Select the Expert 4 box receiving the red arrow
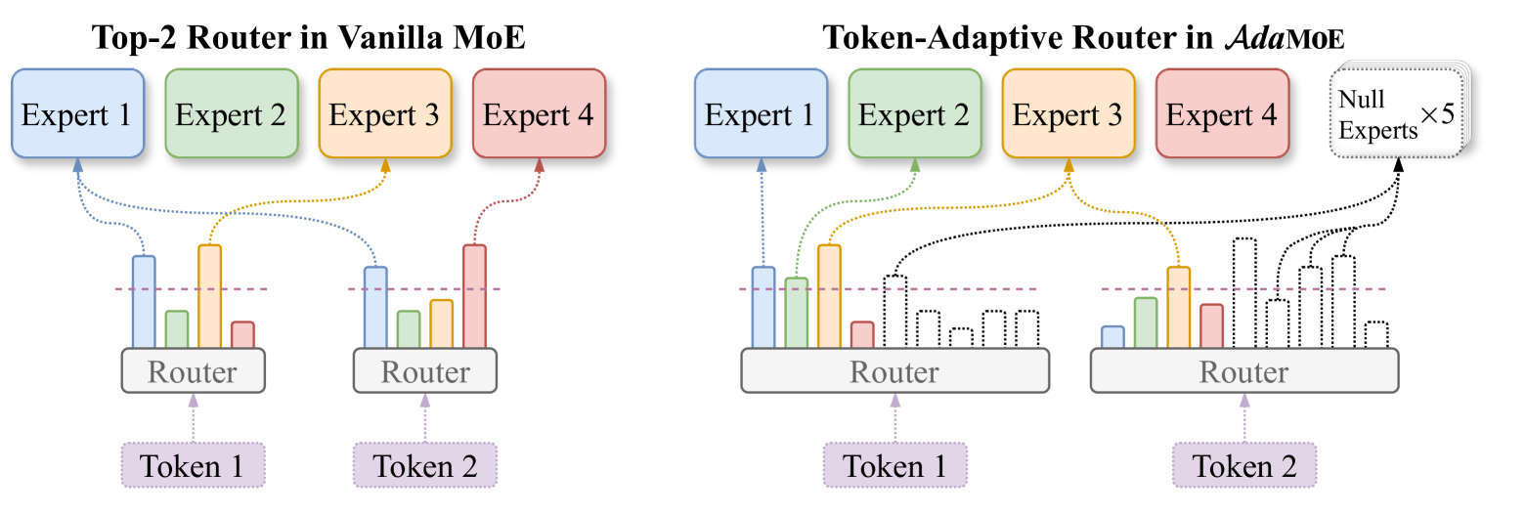(x=539, y=113)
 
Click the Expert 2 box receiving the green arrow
(x=914, y=113)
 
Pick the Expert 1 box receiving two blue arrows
(x=77, y=113)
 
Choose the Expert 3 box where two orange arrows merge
(x=1068, y=113)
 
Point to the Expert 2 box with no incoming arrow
(x=231, y=113)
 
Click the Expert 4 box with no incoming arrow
(x=1221, y=113)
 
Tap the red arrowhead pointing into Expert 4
(x=539, y=165)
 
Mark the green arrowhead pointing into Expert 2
(x=915, y=165)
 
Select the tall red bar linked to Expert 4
(x=474, y=296)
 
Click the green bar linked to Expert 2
(x=797, y=313)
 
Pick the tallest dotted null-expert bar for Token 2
(x=1243, y=293)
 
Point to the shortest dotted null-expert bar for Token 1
(x=961, y=337)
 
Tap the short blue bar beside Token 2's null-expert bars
(x=1112, y=336)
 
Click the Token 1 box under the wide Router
(x=894, y=465)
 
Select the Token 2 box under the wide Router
(x=1243, y=465)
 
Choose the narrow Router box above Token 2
(x=424, y=372)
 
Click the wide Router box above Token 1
(x=894, y=372)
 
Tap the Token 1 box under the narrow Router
(x=193, y=465)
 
